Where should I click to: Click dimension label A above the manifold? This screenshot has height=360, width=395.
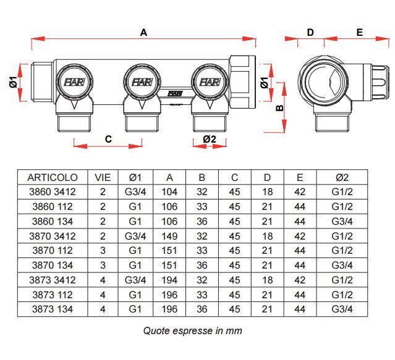coord(143,33)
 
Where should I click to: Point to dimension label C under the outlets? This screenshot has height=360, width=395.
coord(108,139)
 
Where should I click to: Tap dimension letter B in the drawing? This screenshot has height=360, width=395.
coord(279,107)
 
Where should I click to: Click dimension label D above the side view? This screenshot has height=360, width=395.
coord(310,33)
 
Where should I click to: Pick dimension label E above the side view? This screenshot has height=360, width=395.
coord(359,33)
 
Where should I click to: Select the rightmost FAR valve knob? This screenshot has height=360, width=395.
coord(208,82)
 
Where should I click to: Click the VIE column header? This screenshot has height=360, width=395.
coord(103,177)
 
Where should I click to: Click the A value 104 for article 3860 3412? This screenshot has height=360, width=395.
coord(169,192)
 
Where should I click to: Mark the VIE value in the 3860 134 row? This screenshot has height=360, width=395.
coord(103,221)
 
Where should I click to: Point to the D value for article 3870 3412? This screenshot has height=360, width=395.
coord(267,236)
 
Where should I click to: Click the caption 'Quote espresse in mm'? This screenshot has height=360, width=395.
coord(192,330)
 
